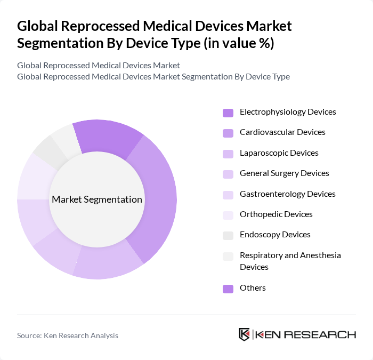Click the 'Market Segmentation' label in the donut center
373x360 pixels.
97,199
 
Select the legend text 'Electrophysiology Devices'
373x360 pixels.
288,112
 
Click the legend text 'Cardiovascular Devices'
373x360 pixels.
282,132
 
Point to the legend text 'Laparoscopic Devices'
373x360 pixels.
279,153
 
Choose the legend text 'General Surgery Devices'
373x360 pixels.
284,173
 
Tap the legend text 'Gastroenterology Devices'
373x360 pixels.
287,194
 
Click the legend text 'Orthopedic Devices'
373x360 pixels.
276,214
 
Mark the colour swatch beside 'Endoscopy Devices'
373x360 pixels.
228,235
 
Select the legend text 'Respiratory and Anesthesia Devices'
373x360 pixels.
290,261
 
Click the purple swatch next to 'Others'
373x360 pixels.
228,289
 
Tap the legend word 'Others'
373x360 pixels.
253,288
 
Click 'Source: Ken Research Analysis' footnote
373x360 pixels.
68,335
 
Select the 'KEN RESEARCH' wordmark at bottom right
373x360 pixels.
305,335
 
